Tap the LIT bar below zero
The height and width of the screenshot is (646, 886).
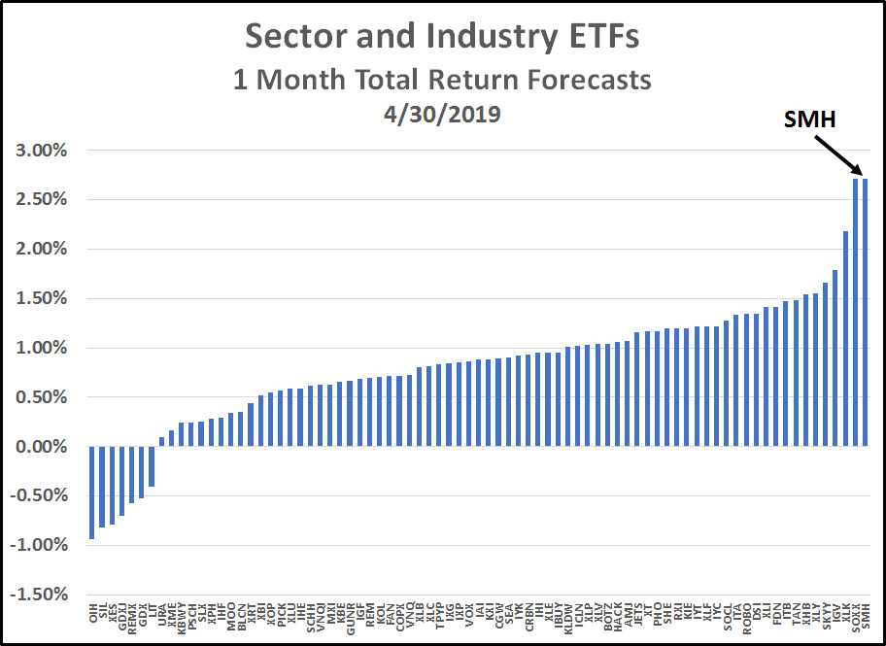[x=152, y=466]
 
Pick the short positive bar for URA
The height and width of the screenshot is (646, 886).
[x=161, y=442]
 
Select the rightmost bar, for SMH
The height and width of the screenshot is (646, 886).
[x=866, y=312]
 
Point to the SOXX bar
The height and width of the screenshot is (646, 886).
[x=856, y=312]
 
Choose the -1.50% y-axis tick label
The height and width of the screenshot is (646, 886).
[x=39, y=595]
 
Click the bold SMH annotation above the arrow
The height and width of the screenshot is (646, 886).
[x=810, y=119]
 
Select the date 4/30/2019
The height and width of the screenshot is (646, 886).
[x=443, y=115]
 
